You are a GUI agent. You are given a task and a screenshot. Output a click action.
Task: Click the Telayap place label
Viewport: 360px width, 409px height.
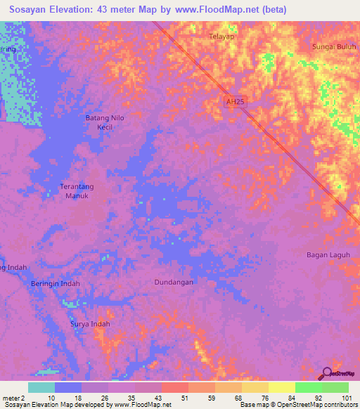(x=221, y=35)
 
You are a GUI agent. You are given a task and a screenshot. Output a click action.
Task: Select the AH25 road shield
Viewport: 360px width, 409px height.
(x=236, y=102)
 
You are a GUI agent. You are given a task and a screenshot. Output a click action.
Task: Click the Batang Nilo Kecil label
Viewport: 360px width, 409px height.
(x=105, y=122)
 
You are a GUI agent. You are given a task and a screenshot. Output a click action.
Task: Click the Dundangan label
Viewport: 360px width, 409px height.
(x=174, y=282)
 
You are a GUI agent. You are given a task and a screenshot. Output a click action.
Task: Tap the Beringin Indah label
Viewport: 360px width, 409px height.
(x=56, y=284)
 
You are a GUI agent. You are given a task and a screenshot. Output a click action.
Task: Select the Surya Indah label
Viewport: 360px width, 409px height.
(x=91, y=324)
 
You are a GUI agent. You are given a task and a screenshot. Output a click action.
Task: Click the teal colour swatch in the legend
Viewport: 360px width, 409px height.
(x=41, y=387)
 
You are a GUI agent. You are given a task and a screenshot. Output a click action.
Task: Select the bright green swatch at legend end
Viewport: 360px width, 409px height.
(x=335, y=387)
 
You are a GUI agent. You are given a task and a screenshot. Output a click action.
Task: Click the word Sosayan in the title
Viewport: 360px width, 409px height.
(x=31, y=9)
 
